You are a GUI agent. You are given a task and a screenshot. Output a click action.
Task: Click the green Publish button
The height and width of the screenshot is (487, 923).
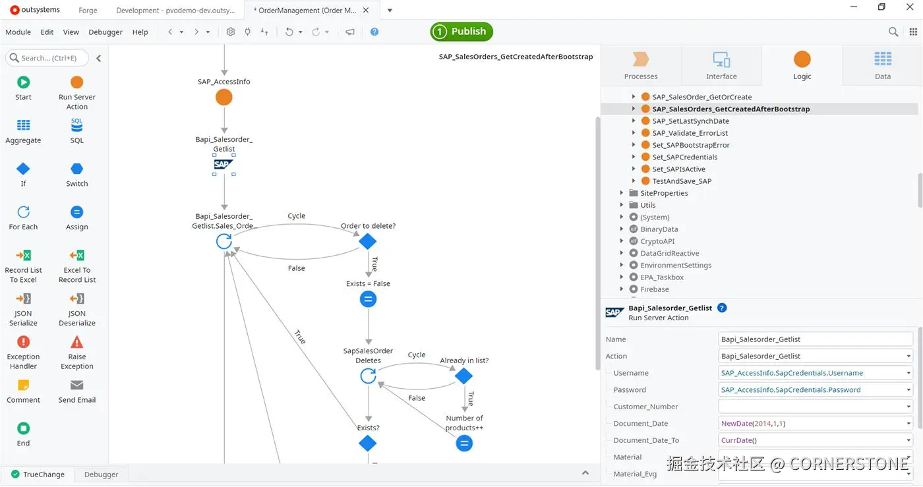click(x=461, y=32)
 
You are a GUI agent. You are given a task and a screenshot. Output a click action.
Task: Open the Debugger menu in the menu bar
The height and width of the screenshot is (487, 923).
click(x=105, y=32)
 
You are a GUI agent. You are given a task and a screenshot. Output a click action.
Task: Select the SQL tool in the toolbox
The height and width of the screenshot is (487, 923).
click(x=77, y=125)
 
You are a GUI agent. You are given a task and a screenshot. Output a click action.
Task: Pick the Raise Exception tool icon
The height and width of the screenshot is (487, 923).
click(x=77, y=342)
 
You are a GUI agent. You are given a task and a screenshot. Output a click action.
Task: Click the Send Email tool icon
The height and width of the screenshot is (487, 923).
click(x=77, y=386)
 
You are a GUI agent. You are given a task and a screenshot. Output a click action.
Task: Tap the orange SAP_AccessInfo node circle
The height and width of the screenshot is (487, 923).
click(x=224, y=98)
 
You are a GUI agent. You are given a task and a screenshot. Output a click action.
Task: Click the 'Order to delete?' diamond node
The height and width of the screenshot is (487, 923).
click(x=368, y=242)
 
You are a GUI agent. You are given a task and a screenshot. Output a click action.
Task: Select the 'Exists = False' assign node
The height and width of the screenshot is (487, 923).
click(x=368, y=300)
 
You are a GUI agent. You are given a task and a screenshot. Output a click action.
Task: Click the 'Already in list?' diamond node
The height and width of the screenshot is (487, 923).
click(x=464, y=376)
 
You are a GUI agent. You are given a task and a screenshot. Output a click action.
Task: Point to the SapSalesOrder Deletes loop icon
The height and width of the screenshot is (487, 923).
click(x=368, y=376)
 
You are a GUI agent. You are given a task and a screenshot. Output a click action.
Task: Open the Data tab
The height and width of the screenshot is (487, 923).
click(x=882, y=65)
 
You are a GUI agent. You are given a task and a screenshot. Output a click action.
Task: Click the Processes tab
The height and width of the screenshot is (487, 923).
click(x=641, y=65)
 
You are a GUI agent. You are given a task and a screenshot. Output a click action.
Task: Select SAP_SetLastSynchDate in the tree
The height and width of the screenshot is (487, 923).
click(x=690, y=121)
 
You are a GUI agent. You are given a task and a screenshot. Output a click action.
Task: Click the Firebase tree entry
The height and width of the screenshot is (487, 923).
click(x=654, y=289)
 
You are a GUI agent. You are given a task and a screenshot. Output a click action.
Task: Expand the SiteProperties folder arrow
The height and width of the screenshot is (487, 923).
click(x=622, y=193)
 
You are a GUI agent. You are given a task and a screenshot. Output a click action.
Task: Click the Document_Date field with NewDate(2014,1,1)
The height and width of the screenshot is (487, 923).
click(x=811, y=424)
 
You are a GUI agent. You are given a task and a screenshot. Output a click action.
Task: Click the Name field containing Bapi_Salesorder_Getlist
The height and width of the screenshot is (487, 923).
click(x=815, y=339)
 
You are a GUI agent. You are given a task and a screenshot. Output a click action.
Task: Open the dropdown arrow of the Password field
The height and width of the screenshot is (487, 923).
click(x=908, y=390)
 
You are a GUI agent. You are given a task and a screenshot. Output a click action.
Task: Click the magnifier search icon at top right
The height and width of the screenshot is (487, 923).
click(x=893, y=32)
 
